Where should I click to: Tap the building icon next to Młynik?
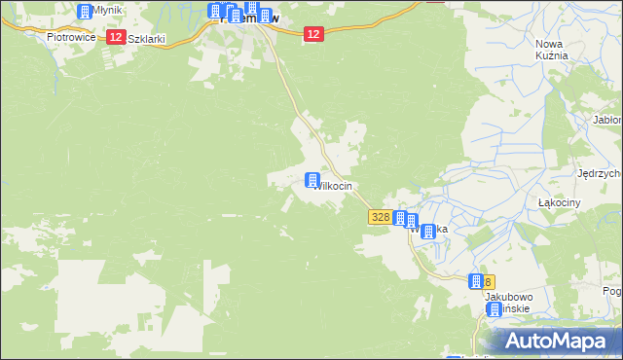[84, 12]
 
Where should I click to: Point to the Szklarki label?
[147, 39]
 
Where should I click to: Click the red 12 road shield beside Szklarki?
[116, 37]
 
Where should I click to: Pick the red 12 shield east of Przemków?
[311, 34]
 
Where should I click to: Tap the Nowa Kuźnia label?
[552, 50]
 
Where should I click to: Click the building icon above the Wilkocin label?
[312, 180]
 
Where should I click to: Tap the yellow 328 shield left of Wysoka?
[381, 219]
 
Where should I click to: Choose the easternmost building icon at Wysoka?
[429, 232]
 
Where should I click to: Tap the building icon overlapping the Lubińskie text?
[494, 309]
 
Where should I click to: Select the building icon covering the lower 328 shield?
[475, 280]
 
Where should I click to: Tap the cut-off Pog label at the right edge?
[612, 291]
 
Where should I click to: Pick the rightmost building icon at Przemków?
[264, 15]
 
